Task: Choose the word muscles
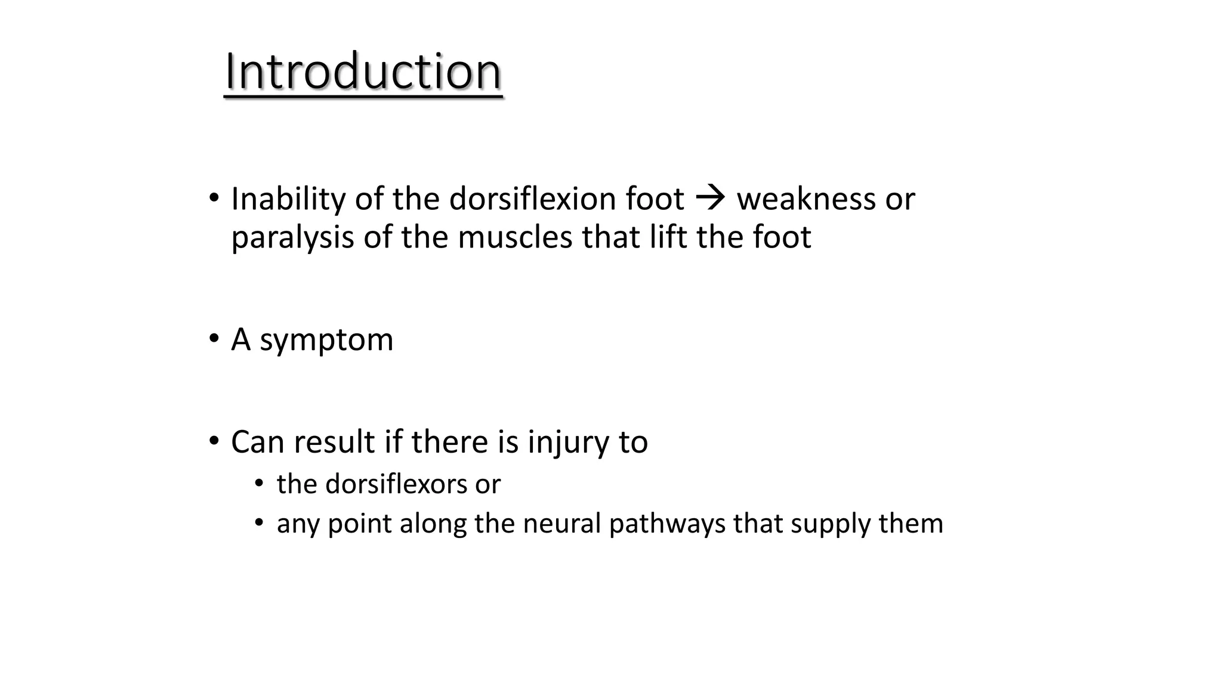[x=514, y=237]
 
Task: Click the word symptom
[x=326, y=341]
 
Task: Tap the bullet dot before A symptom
[x=214, y=339]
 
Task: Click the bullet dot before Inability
[x=214, y=198]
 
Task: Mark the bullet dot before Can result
[x=214, y=441]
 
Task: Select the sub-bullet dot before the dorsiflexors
[x=258, y=483]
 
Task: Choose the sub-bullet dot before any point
[x=258, y=523]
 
